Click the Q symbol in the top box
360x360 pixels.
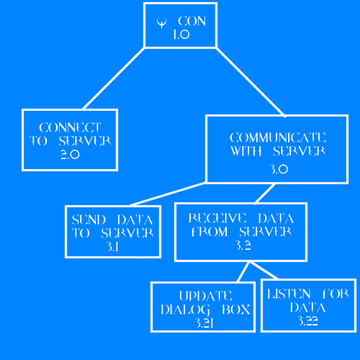pos(161,22)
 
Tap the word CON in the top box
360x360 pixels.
pos(192,21)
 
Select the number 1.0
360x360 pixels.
pos(181,35)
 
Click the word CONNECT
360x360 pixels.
pos(70,127)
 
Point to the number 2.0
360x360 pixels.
pos(70,155)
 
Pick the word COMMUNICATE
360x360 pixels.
pos(278,138)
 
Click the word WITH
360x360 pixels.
pos(246,151)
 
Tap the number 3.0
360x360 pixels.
pos(279,169)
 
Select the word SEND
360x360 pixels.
pos(89,220)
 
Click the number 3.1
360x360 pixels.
pos(112,246)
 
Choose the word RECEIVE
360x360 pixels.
pos(217,218)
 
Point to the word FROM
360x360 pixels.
pos(210,232)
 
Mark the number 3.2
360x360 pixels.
pos(243,246)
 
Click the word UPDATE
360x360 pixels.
pos(205,296)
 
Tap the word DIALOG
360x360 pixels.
pos(185,310)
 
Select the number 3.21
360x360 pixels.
pos(204,323)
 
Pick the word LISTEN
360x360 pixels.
pos(289,294)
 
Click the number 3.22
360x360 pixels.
pos(307,320)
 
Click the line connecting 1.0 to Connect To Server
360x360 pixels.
pos(114,78)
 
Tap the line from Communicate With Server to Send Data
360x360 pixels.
pos(168,194)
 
